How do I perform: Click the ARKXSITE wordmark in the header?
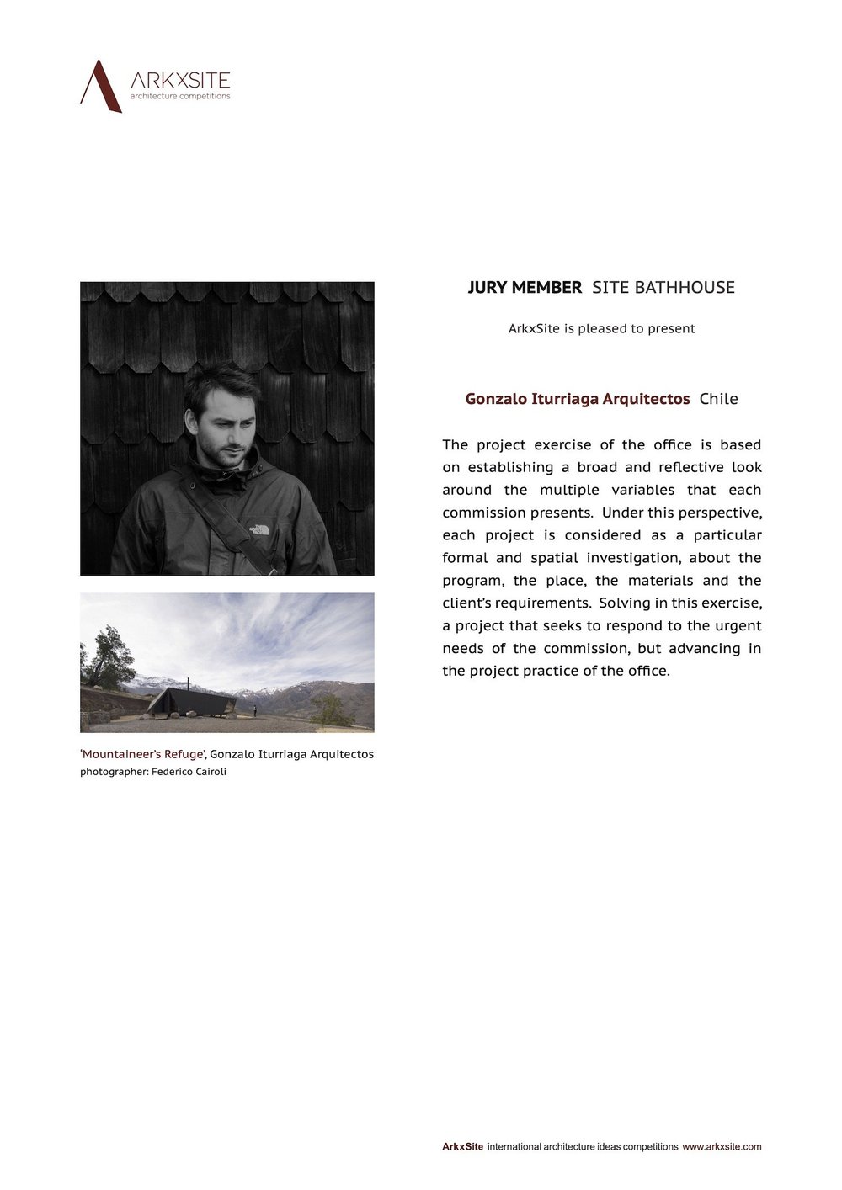[x=180, y=80]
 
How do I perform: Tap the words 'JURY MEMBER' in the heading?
[x=525, y=288]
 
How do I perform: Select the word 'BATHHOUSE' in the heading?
[x=684, y=288]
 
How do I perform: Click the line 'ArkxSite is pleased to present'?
[x=601, y=328]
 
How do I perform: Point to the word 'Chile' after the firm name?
[x=718, y=399]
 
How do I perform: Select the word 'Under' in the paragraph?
[x=621, y=513]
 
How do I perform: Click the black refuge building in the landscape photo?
[x=191, y=700]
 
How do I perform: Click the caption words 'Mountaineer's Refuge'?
[x=143, y=754]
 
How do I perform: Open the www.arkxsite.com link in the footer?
[x=722, y=1146]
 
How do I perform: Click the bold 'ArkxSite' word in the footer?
[x=462, y=1146]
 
